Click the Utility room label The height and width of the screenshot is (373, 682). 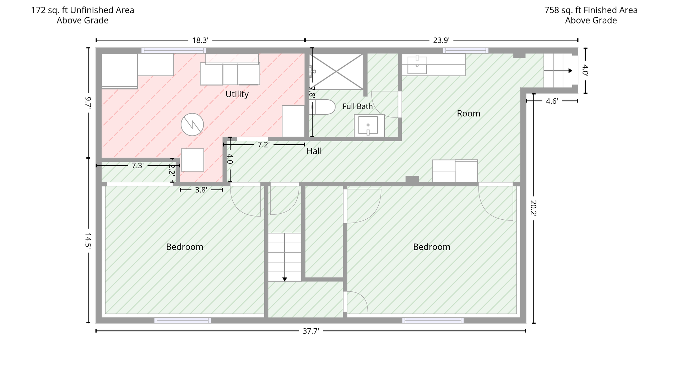(237, 94)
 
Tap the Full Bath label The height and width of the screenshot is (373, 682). (358, 106)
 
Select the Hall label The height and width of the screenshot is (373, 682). (314, 151)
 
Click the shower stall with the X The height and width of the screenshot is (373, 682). (336, 71)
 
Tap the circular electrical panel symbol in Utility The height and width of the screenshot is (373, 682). (192, 125)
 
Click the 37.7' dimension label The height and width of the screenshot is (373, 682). (311, 331)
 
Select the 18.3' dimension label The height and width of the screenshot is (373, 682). (200, 40)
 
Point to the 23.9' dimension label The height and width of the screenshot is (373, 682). (441, 40)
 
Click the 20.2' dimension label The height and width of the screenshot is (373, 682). (533, 208)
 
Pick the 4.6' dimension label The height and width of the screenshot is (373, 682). (552, 101)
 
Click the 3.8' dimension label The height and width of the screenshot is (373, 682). (201, 190)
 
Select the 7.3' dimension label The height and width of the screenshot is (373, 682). (137, 165)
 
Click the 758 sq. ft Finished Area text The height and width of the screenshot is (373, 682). (591, 10)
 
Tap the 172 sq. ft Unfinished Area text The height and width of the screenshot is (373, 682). (83, 10)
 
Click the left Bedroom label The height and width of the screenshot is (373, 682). (185, 247)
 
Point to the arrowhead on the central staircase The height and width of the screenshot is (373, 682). (285, 279)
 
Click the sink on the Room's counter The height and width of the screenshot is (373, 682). (417, 65)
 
